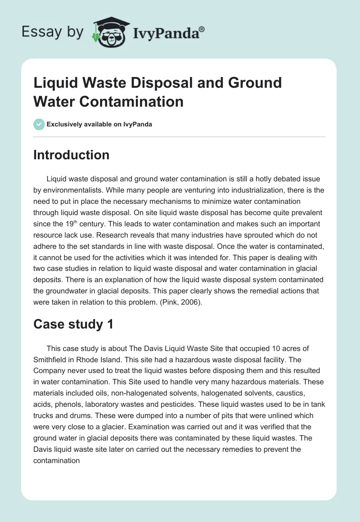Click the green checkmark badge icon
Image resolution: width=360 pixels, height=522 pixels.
(x=39, y=124)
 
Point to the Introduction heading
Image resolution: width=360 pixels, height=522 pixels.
(x=72, y=155)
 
